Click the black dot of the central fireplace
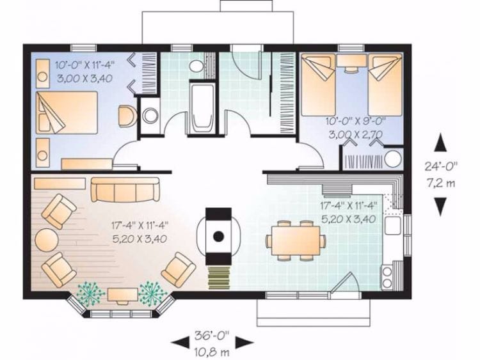[219, 236]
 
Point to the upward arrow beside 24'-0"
[441, 142]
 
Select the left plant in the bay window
[91, 293]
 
